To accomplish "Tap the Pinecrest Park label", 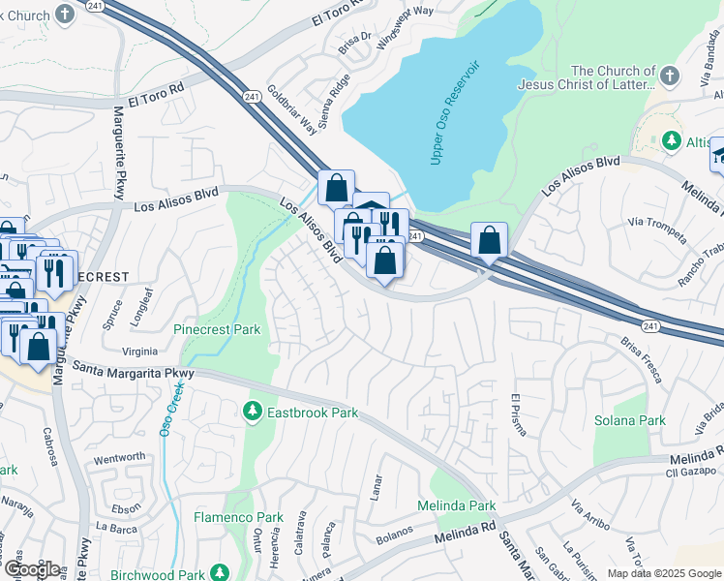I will pyautogui.click(x=218, y=329).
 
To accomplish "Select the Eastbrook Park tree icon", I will pyautogui.click(x=253, y=413).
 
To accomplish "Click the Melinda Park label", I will pyautogui.click(x=456, y=506).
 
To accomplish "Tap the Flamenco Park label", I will pyautogui.click(x=238, y=517).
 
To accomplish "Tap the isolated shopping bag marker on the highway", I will pyautogui.click(x=490, y=239).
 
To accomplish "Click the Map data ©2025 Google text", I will pyautogui.click(x=663, y=573).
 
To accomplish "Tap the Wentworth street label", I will pyautogui.click(x=119, y=457).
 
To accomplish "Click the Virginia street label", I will pyautogui.click(x=140, y=352).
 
